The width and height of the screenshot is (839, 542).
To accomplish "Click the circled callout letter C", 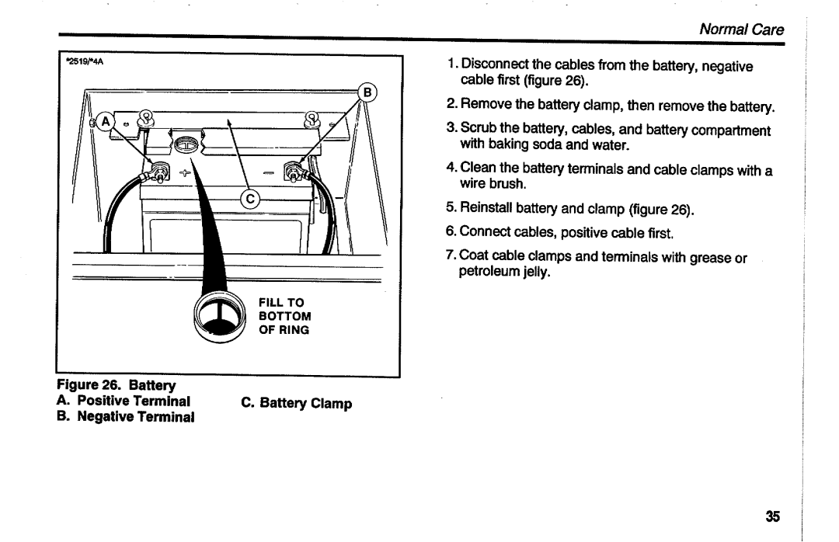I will pos(250,200).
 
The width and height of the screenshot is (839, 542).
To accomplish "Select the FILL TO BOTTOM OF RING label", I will pos(285,316).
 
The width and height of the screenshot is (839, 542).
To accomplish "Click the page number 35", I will pos(771,516).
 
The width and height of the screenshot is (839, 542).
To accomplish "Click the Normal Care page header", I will pos(742,30).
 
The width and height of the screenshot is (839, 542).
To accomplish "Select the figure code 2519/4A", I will pos(82,64).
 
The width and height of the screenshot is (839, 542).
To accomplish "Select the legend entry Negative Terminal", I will pos(127,416).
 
